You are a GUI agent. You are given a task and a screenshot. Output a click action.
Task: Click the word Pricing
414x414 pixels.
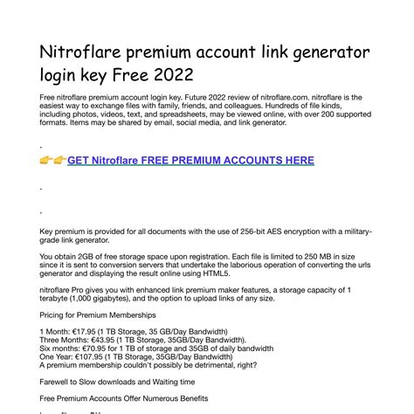tap(54, 314)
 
